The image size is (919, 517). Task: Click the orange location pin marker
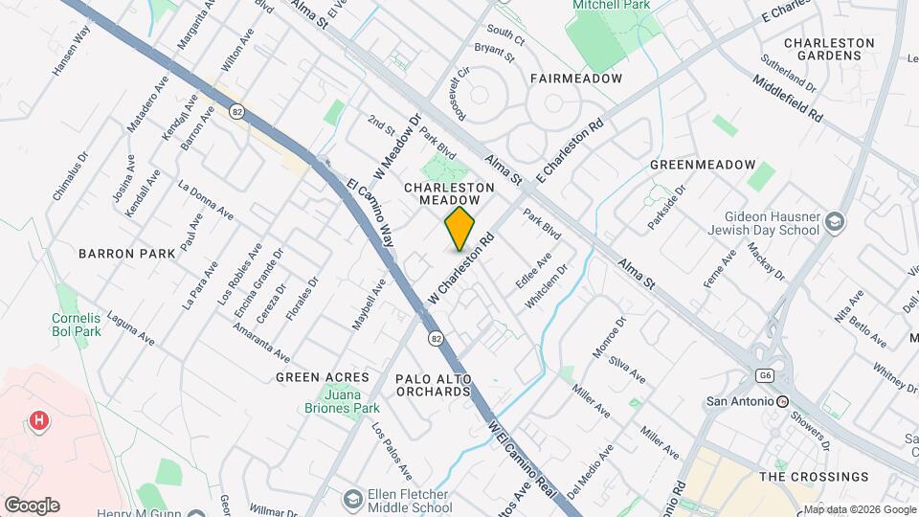coord(459,228)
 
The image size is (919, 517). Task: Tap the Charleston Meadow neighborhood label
coord(449,193)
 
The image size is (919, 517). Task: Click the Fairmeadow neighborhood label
coord(575,79)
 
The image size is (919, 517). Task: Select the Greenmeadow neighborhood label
coord(703,165)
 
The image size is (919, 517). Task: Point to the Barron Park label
coord(127,254)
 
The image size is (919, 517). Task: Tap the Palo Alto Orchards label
coord(434,386)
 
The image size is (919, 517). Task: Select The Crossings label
coord(814,477)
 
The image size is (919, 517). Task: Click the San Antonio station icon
coord(782,401)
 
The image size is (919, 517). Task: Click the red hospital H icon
coord(39,419)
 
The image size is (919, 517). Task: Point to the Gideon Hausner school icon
coord(835,222)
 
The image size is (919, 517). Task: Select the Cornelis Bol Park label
coord(76,326)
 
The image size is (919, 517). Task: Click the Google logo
coord(32,506)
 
